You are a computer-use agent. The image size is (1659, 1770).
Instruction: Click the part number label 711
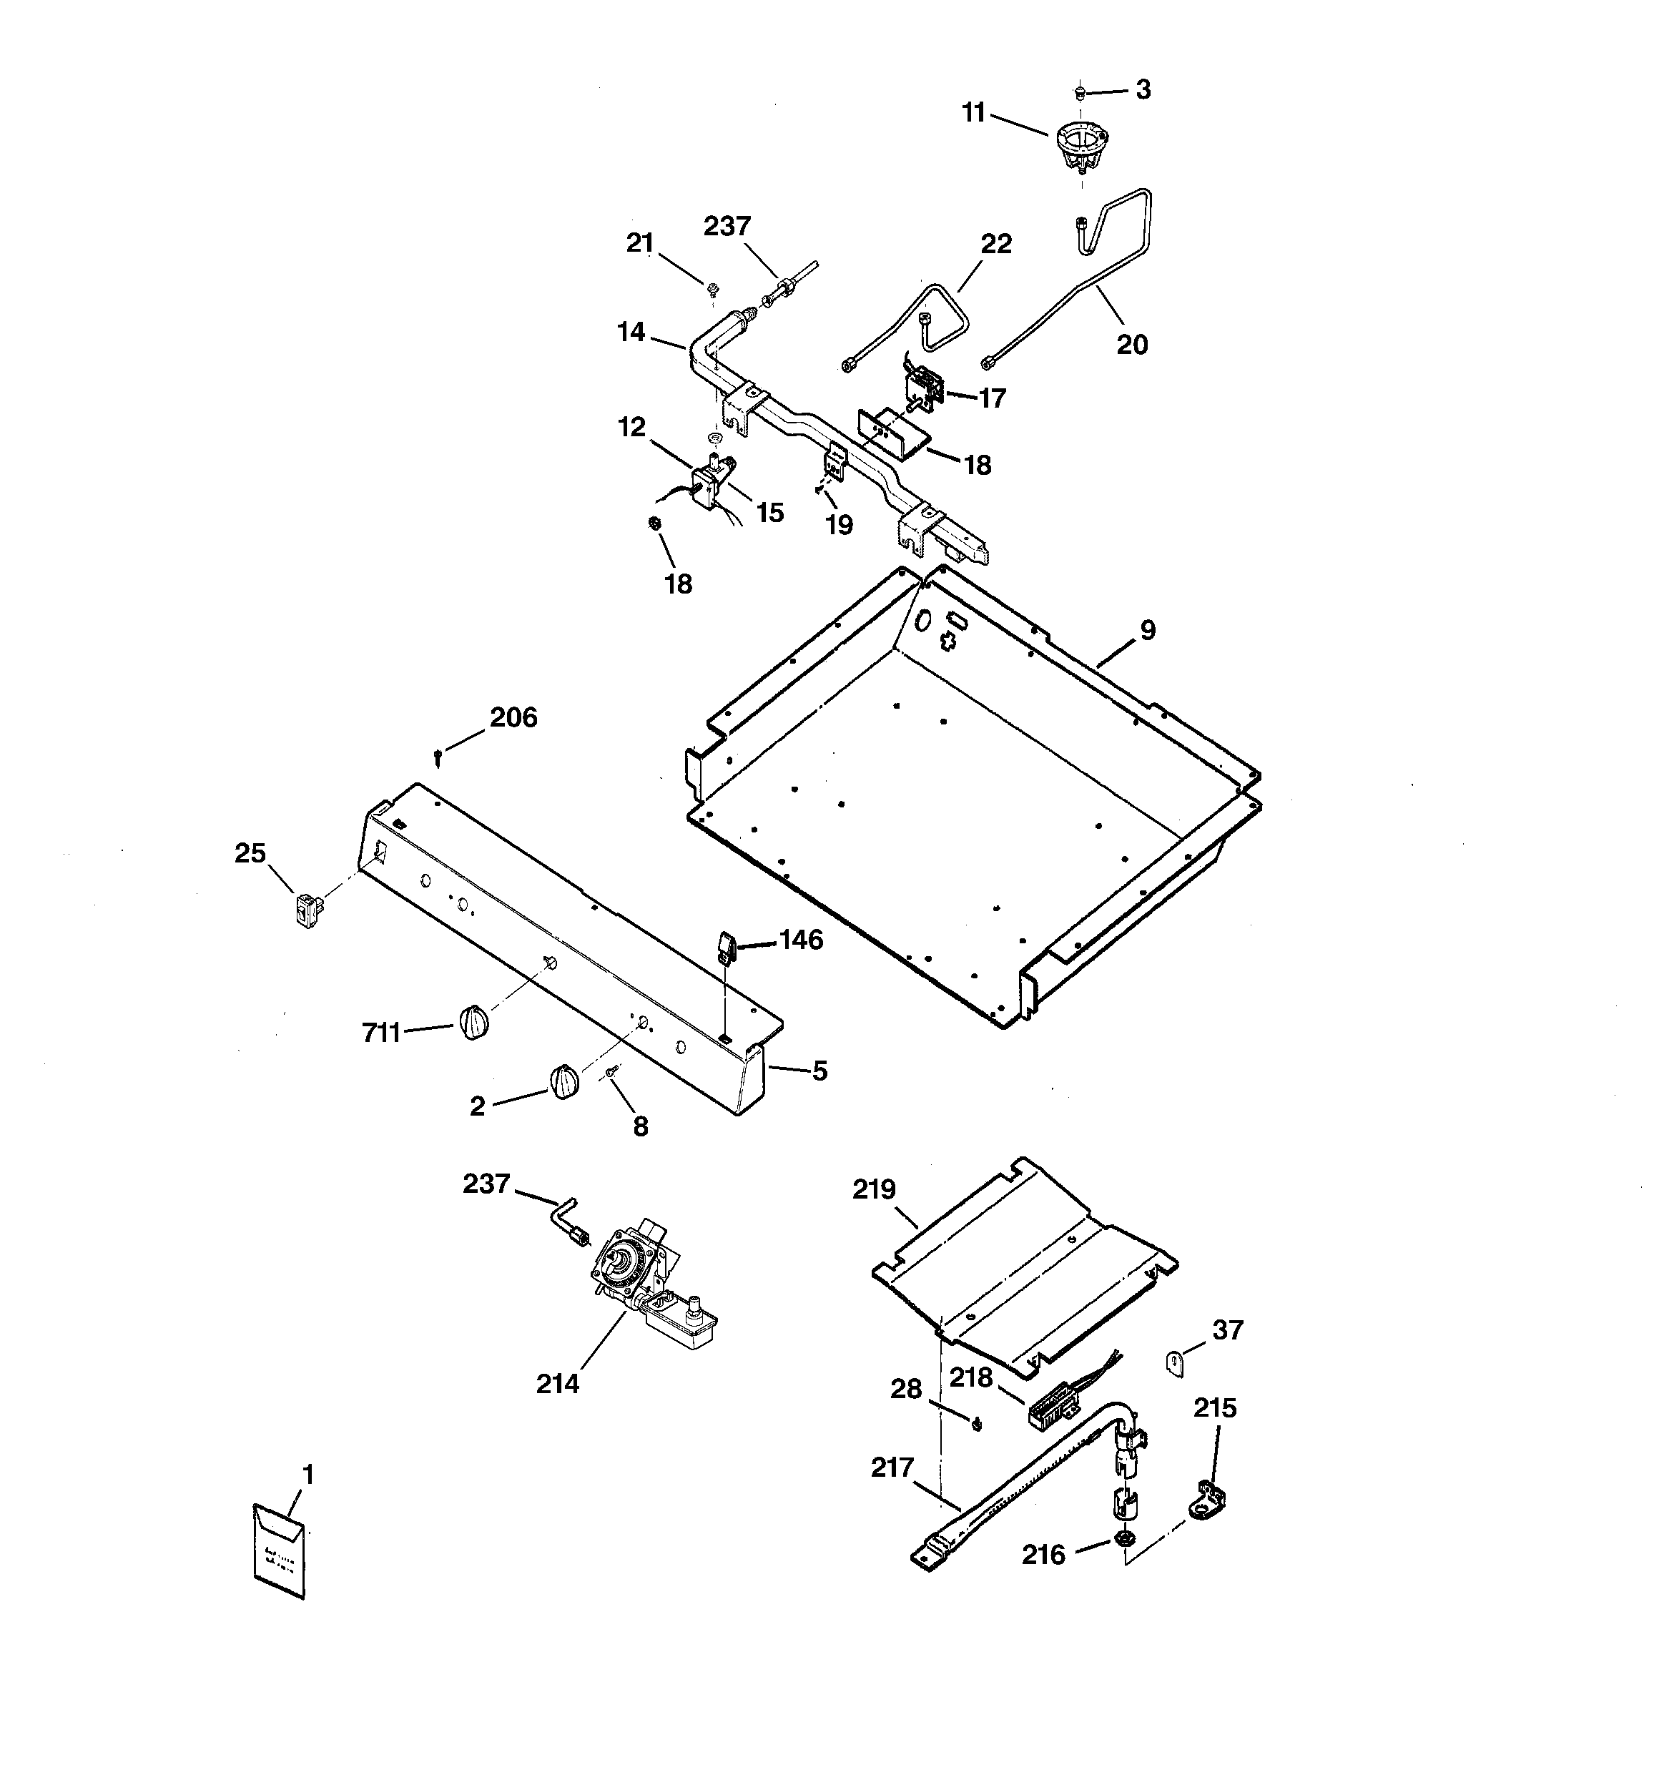380,1033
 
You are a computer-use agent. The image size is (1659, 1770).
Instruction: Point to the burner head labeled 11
1081,147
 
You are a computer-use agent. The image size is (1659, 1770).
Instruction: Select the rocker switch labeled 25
308,912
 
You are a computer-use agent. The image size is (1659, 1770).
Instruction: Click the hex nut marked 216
1124,1538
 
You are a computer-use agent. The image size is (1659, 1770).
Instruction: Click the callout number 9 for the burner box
1148,630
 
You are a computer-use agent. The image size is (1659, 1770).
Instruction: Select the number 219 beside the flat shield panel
874,1189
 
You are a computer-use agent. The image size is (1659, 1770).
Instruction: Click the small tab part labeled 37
1176,1363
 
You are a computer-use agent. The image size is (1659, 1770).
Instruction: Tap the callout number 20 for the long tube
1132,344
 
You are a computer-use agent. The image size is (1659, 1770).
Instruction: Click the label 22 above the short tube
995,243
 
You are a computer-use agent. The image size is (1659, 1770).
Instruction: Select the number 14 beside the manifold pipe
631,332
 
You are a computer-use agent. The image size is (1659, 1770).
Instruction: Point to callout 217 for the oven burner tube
892,1467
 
